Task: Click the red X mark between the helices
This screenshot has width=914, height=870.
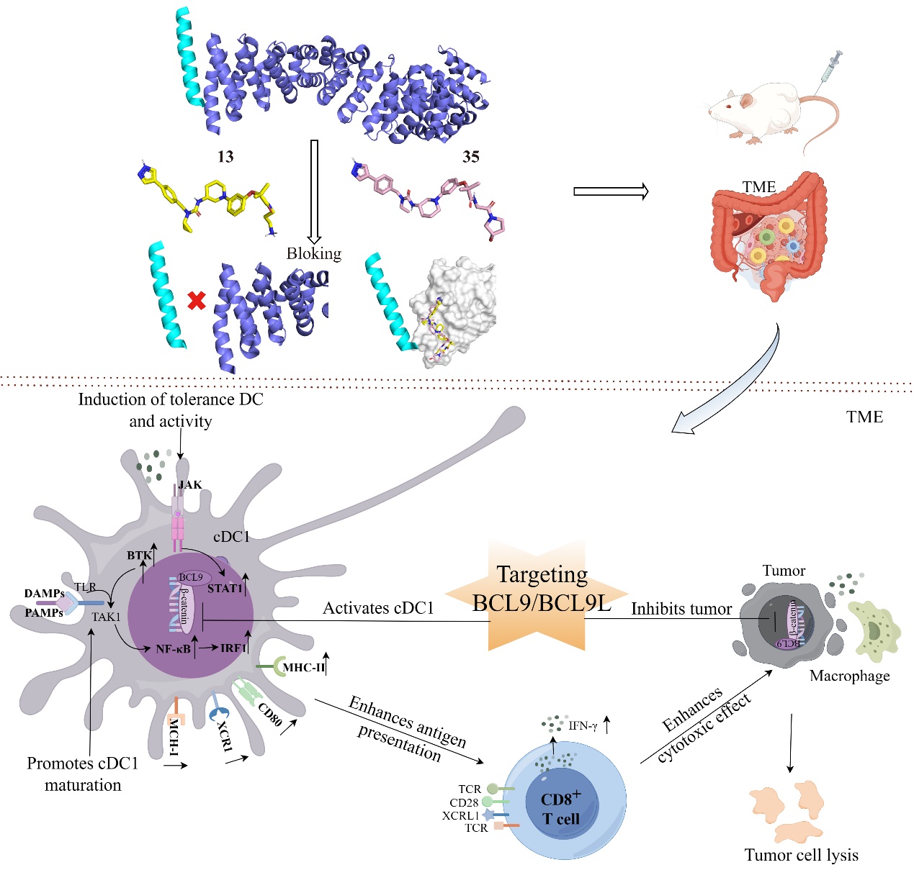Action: point(196,300)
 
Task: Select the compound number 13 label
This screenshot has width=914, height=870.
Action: point(225,157)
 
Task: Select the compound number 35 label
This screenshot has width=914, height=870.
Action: point(471,157)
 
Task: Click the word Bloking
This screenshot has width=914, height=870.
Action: point(313,253)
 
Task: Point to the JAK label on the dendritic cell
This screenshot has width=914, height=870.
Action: point(190,485)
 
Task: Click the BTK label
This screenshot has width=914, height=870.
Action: point(139,556)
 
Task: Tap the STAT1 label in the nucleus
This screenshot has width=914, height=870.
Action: point(225,589)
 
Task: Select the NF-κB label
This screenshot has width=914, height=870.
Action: point(174,649)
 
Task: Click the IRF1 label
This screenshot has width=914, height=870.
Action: point(233,648)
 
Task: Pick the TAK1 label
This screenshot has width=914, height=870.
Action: point(106,617)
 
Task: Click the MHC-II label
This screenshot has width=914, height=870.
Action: point(303,668)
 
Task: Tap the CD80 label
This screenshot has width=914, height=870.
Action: point(270,713)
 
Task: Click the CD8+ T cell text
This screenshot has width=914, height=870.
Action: point(560,809)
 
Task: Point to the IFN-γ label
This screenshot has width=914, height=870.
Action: point(583,726)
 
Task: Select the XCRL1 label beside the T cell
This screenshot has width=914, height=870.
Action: point(460,815)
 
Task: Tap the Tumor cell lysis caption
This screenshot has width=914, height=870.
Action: point(801,855)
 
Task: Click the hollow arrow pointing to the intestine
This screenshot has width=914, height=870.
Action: point(610,191)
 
